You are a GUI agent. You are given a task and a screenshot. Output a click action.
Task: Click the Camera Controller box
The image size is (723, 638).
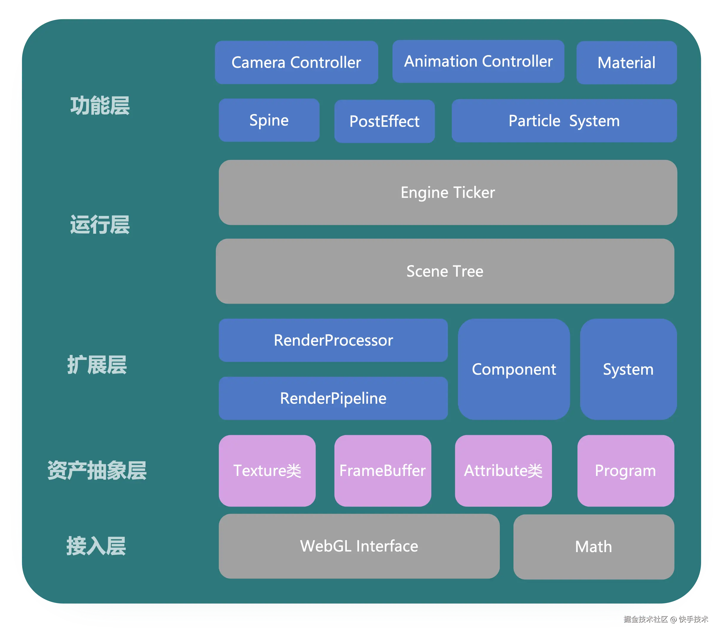[296, 62]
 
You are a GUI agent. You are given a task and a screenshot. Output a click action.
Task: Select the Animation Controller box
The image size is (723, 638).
[478, 62]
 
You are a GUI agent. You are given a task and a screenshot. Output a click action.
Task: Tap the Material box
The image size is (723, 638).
[626, 62]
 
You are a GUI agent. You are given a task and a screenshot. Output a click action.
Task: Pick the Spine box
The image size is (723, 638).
[269, 120]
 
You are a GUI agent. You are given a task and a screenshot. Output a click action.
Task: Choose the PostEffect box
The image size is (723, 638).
[384, 121]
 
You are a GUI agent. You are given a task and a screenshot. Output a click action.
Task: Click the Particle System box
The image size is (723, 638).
[564, 121]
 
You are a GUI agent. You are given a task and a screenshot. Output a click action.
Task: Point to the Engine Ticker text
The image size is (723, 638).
[448, 193]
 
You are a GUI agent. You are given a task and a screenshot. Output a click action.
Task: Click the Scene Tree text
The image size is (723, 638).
[445, 271]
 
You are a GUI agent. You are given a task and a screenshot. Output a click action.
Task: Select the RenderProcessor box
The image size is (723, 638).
[333, 340]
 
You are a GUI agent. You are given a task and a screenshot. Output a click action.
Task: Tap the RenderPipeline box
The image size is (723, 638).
[333, 398]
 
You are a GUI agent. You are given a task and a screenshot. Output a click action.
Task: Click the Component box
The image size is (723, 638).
[514, 369]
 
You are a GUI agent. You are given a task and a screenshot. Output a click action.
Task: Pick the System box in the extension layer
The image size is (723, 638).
[628, 369]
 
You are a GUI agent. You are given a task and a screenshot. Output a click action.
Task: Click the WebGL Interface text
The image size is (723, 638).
[359, 546]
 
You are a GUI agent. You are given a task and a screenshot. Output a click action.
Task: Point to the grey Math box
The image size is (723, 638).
[593, 547]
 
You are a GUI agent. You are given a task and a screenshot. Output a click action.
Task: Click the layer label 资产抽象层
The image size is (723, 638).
[97, 470]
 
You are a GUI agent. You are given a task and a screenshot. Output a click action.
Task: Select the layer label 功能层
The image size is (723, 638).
[100, 106]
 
